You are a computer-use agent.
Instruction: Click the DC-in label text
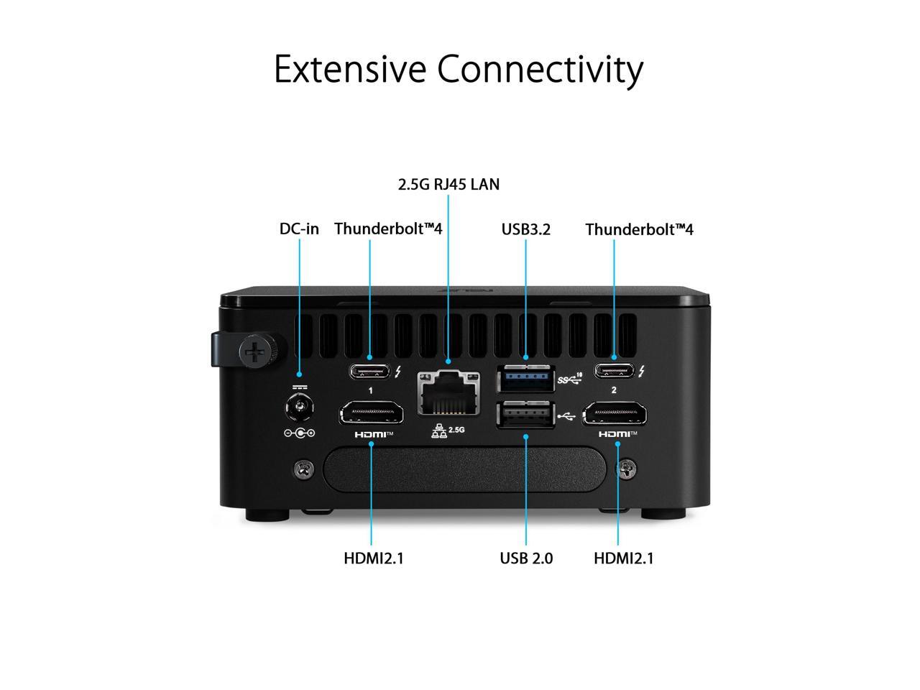[299, 229]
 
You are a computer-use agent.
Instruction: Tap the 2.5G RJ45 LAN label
[448, 185]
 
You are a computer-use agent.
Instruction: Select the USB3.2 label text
[525, 229]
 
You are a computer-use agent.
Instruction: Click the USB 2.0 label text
[526, 558]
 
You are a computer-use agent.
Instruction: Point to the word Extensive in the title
[351, 70]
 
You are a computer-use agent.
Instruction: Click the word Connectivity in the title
[540, 70]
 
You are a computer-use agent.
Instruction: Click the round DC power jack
[299, 411]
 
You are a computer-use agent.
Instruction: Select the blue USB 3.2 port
[525, 378]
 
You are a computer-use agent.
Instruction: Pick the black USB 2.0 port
[525, 415]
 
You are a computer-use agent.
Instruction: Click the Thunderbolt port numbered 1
[369, 372]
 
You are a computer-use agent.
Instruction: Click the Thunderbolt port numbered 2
[614, 372]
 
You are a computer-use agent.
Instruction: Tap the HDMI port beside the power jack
[371, 414]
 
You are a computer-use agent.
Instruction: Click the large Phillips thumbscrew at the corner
[254, 352]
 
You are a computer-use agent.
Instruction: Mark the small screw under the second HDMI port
[627, 469]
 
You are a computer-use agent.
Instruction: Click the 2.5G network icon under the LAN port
[448, 431]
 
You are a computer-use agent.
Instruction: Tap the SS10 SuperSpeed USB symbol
[569, 377]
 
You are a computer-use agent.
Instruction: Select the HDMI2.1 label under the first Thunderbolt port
[373, 558]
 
